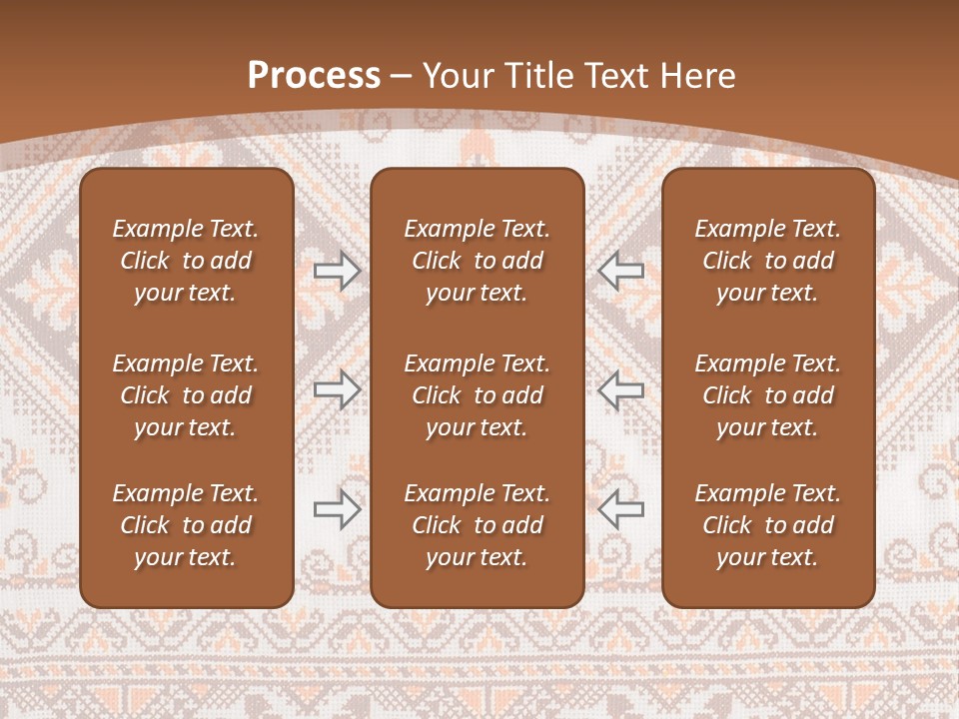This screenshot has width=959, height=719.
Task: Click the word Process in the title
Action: click(x=314, y=75)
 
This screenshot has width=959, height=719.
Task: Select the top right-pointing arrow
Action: click(x=338, y=270)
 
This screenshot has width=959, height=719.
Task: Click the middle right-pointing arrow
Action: click(x=338, y=389)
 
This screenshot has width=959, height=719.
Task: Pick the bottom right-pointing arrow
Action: click(x=338, y=509)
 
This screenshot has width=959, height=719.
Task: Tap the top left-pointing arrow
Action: click(x=620, y=270)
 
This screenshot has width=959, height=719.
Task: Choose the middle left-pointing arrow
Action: click(x=620, y=389)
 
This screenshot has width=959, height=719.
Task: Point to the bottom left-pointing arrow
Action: click(x=620, y=509)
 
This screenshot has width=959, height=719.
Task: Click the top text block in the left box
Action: click(x=186, y=261)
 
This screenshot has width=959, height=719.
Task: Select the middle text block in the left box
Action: click(x=186, y=395)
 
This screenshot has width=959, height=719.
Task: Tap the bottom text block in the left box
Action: click(x=186, y=525)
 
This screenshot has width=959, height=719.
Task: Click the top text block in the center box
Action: click(x=477, y=261)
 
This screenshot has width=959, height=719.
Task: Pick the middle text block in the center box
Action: click(x=477, y=395)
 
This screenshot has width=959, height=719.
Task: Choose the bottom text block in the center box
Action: click(x=477, y=525)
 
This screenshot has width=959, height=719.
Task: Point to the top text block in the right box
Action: click(x=767, y=261)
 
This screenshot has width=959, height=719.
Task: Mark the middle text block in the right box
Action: click(x=767, y=395)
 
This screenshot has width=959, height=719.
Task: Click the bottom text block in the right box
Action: click(x=767, y=525)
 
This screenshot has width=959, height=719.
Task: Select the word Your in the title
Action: click(x=457, y=75)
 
